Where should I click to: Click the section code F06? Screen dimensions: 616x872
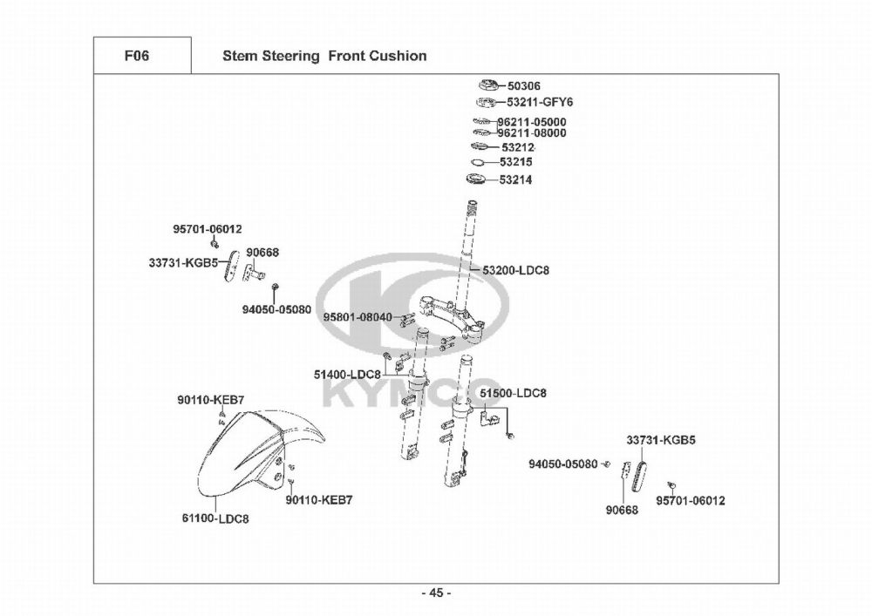(x=136, y=56)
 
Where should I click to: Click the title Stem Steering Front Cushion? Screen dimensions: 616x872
(x=324, y=56)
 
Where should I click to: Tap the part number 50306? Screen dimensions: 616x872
(x=524, y=86)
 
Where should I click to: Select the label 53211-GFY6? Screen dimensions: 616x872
(x=540, y=102)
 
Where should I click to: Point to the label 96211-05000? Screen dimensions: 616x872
(x=531, y=122)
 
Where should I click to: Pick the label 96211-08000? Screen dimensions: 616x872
(x=531, y=133)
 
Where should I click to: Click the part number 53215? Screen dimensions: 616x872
(x=516, y=162)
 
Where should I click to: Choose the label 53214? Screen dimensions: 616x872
(x=516, y=180)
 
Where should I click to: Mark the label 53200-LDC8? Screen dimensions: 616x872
(x=515, y=270)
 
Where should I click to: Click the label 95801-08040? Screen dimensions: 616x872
(x=358, y=317)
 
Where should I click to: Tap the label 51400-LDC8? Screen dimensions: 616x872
(x=347, y=374)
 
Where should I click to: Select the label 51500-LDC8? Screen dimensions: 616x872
(x=513, y=393)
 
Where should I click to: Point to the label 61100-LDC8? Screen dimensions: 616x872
(x=215, y=518)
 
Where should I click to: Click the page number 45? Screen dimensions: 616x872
(x=436, y=593)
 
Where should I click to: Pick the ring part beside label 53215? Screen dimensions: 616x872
(x=478, y=163)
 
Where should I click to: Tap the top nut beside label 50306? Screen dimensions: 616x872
(x=487, y=85)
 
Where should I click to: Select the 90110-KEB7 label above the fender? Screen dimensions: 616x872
(x=210, y=399)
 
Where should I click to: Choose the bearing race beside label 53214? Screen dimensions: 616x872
(x=477, y=180)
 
